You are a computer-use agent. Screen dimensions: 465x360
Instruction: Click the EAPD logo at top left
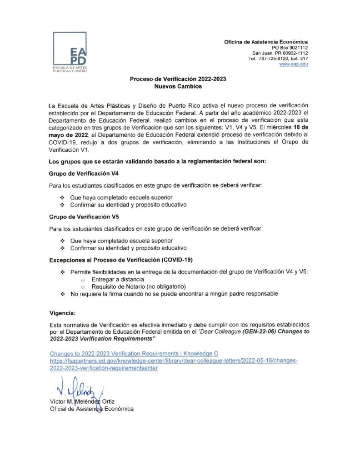tap(69, 52)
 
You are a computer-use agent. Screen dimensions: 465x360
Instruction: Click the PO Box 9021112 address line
tap(290, 47)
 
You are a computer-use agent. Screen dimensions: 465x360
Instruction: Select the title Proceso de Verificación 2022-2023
tap(178, 79)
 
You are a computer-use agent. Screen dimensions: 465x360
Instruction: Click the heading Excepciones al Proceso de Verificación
tap(121, 260)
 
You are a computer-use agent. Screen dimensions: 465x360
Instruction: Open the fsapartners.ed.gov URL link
tap(173, 360)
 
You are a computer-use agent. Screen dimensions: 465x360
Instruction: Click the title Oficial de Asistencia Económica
tap(91, 409)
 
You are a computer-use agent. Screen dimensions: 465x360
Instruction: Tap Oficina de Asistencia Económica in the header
tap(265, 42)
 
